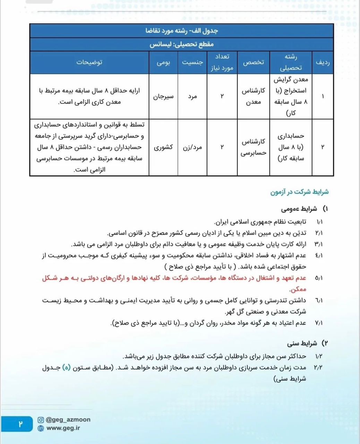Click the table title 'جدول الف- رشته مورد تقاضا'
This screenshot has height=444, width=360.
(181, 31)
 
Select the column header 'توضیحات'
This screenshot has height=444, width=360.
(89, 62)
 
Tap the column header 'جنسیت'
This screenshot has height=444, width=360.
(192, 62)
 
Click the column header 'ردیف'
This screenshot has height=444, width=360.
(323, 62)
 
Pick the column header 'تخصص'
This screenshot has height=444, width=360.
(254, 62)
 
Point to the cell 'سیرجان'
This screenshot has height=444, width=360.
(163, 96)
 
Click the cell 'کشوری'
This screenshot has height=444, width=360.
(163, 147)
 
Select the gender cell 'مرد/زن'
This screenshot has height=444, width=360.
(192, 147)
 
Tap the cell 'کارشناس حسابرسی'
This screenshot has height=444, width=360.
(254, 147)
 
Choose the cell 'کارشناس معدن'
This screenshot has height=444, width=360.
(254, 96)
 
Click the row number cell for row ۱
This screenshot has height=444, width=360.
(323, 96)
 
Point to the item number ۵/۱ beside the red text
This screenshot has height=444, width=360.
(319, 278)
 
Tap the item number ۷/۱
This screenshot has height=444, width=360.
(319, 323)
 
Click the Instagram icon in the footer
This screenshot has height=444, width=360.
(41, 420)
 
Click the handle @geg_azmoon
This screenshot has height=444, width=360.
(68, 420)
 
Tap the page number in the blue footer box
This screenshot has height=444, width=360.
(20, 424)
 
